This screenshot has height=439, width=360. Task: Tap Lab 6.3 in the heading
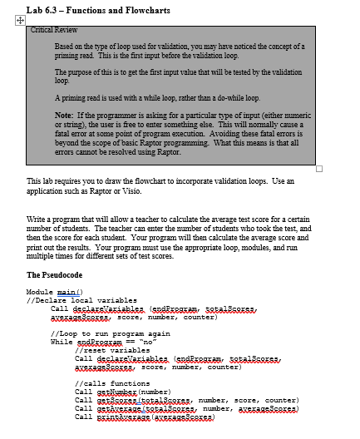click(x=44, y=9)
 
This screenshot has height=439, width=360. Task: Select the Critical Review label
click(x=54, y=29)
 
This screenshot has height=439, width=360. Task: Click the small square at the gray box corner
click(x=318, y=168)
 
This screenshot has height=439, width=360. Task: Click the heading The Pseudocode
click(x=57, y=275)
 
